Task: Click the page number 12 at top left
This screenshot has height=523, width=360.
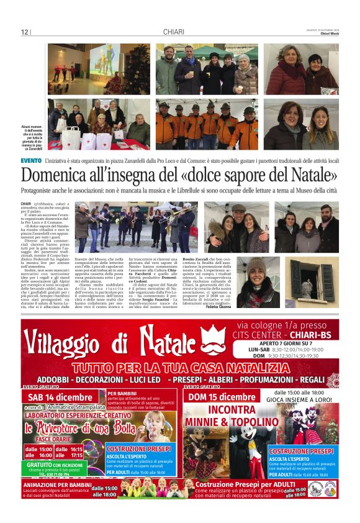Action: [x=25, y=32]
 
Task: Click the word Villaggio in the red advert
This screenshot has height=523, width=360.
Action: [x=70, y=340]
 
